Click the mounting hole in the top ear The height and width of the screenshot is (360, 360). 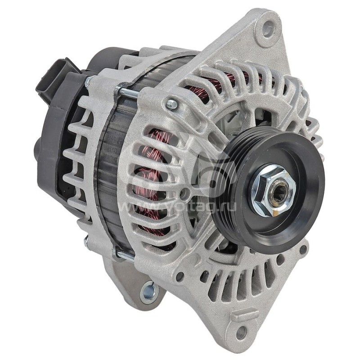[268, 29]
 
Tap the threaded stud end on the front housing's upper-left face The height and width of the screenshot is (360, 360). [171, 105]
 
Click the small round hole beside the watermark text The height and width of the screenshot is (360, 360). [183, 196]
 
